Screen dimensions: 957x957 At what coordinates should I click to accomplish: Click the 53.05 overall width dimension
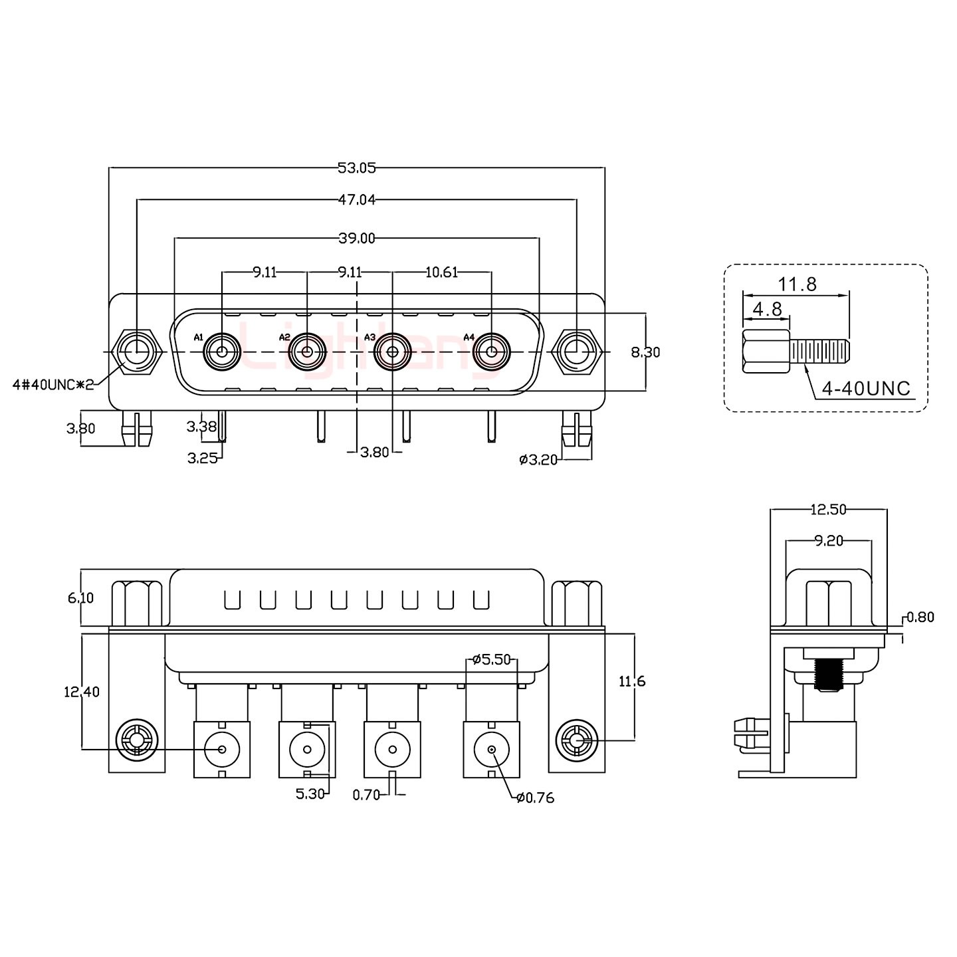pos(356,168)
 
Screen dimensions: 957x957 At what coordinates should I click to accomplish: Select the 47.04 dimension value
pos(356,199)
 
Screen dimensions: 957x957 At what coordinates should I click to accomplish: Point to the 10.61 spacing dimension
pos(441,272)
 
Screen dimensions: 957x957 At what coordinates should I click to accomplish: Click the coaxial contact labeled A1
pos(221,351)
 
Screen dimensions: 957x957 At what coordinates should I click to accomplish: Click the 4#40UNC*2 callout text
pos(53,385)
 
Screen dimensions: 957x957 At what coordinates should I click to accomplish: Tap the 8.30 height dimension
pos(645,352)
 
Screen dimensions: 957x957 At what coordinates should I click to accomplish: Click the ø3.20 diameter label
pos(538,459)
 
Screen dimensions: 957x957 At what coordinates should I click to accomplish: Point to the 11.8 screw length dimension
pos(797,285)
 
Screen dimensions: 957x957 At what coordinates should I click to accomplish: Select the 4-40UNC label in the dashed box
pos(866,389)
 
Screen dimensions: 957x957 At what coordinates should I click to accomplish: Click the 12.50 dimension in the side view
pos(828,510)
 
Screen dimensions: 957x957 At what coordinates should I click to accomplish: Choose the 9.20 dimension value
pos(828,541)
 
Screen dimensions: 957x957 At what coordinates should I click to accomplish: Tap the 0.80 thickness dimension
pos(920,617)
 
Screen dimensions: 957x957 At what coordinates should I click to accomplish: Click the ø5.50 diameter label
pos(491,660)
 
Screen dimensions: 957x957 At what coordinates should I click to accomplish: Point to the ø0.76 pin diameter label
pos(535,798)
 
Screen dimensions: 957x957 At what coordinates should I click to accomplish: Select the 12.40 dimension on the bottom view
pos(81,692)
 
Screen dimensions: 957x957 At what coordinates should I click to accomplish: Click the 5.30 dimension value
pos(310,793)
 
